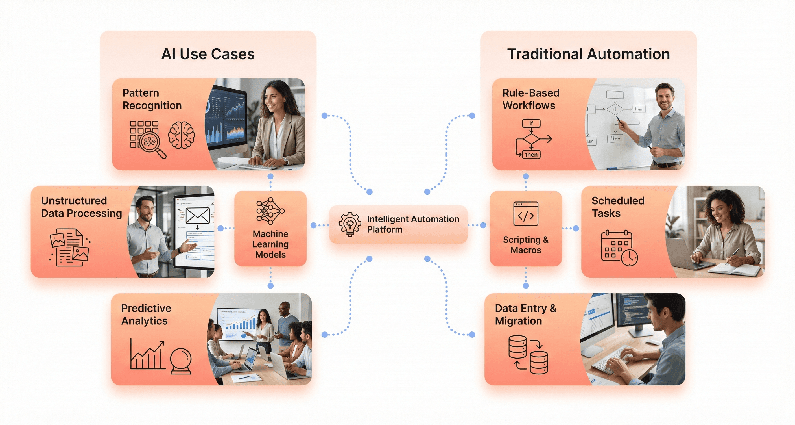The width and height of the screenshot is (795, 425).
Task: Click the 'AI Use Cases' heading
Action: coord(208,54)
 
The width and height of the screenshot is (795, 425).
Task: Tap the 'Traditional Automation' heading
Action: coord(588,54)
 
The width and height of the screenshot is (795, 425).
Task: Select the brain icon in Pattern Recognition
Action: coord(182,135)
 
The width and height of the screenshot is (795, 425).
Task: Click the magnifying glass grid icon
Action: coord(148,139)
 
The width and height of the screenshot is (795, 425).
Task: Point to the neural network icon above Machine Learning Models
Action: coord(270,211)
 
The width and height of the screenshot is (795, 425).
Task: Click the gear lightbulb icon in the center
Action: coord(350,224)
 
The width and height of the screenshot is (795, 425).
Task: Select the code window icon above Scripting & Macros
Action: coord(526,214)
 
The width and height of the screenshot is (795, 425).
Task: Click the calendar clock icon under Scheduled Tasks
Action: coord(619,248)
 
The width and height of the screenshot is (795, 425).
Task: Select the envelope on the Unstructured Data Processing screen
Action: coord(198,215)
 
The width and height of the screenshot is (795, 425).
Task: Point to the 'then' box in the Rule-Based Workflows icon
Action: coord(531,155)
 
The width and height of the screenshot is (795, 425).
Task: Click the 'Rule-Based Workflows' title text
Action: coord(530,99)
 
